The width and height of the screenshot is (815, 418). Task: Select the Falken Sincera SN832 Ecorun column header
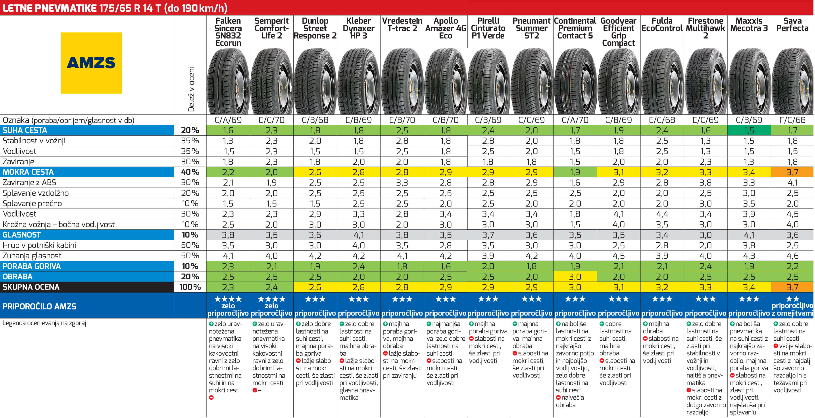tap(228, 32)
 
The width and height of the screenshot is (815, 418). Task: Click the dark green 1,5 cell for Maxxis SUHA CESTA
tap(749, 130)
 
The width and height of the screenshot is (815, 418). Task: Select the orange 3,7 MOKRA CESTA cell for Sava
tap(792, 172)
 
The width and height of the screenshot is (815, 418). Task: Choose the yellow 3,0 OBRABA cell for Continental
tap(575, 277)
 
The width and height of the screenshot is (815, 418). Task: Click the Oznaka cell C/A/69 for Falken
tap(228, 120)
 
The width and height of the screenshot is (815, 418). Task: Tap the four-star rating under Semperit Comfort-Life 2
tap(271, 299)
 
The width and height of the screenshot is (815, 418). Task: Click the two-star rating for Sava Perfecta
tap(792, 299)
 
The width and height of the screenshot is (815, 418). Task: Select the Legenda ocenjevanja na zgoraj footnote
tap(44, 323)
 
